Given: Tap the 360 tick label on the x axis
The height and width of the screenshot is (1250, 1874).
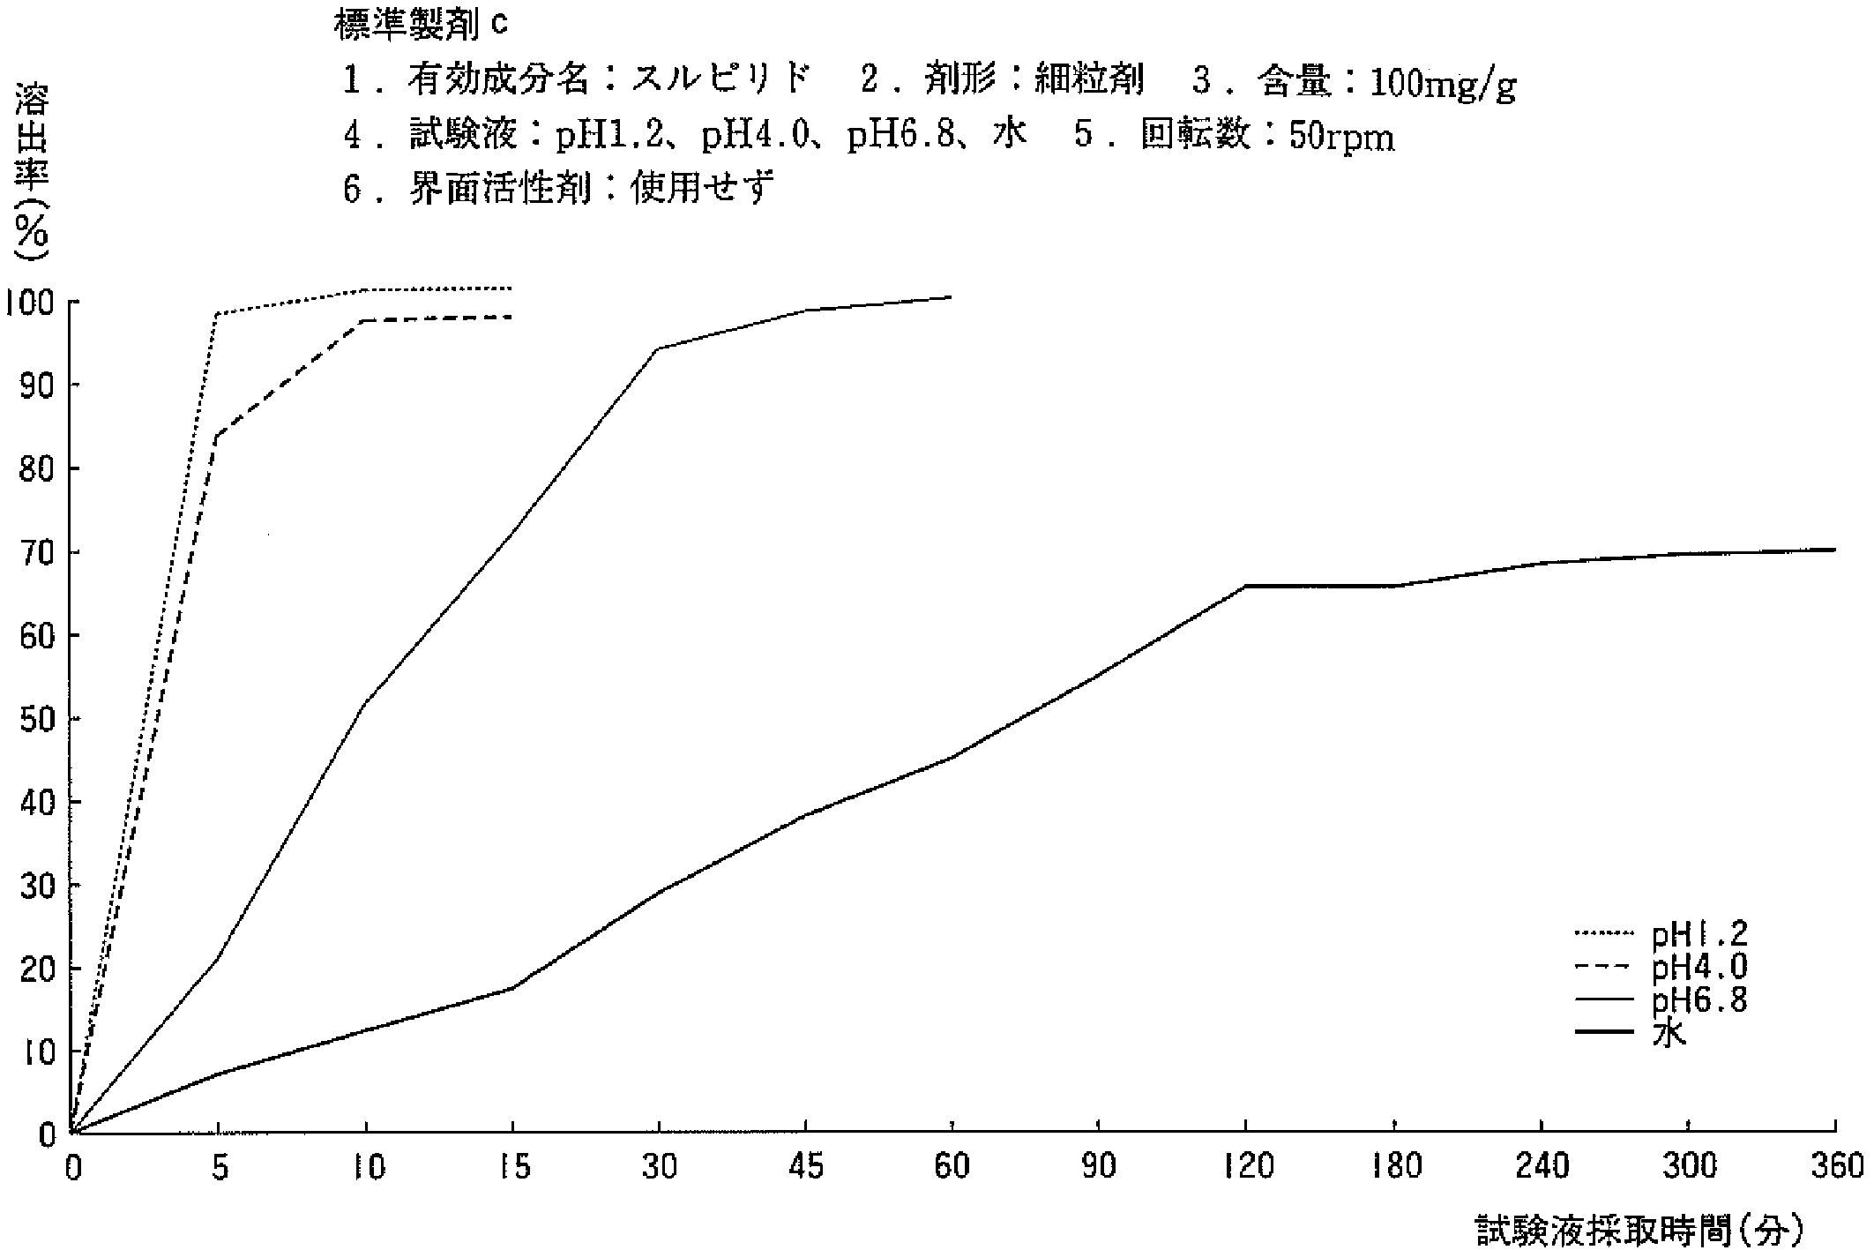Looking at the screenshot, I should point(1834,1167).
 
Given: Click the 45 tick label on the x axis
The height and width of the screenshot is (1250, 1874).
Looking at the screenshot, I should point(805,1167).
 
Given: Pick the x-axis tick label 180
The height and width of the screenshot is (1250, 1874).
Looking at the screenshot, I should point(1393,1167).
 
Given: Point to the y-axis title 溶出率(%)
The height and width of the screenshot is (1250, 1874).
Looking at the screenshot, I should point(32,172).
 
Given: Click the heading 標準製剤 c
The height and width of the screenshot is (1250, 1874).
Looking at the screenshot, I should point(422,25).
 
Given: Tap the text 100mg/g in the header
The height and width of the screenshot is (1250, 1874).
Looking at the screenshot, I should point(1443,83).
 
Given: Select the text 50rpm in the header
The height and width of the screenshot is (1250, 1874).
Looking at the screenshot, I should point(1341,137).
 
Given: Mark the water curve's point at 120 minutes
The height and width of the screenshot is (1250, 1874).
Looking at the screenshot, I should point(1245,586).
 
